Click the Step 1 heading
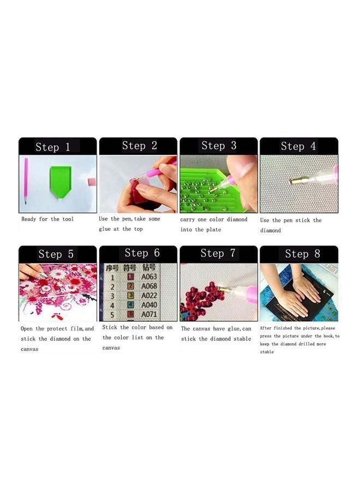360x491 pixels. [53, 147]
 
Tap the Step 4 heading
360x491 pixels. [298, 146]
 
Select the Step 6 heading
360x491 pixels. [142, 253]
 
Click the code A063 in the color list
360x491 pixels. [149, 277]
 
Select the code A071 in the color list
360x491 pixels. [149, 315]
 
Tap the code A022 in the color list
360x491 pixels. [149, 296]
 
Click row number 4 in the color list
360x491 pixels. [112, 306]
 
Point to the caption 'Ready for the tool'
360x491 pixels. [47, 219]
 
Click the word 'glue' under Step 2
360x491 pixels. [105, 229]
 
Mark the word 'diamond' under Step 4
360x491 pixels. [271, 231]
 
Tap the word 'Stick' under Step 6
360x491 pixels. [110, 327]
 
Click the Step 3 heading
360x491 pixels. [219, 146]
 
